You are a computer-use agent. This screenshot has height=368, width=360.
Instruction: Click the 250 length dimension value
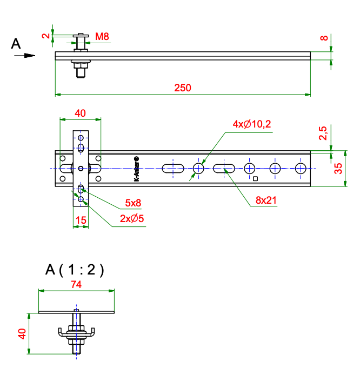183,88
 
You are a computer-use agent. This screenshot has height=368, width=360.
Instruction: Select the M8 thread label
102,36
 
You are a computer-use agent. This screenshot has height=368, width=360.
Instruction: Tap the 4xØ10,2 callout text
252,124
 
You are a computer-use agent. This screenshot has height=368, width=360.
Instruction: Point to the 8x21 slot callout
266,200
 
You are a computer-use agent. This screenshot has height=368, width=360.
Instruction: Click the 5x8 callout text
133,203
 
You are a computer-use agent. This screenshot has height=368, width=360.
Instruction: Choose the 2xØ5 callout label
132,218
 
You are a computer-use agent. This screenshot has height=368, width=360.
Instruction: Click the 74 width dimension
76,284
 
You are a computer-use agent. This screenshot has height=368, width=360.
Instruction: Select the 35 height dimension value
338,168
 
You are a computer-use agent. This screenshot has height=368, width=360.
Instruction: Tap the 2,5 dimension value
323,133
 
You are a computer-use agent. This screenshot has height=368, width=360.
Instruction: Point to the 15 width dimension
81,220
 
